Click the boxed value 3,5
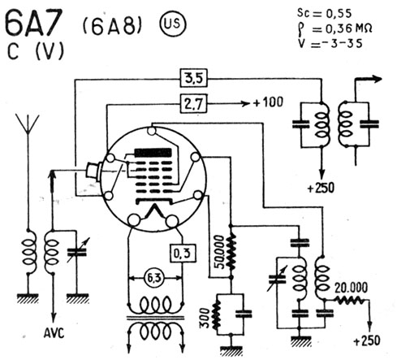pos(194,78)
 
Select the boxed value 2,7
pos(194,103)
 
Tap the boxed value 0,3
pos(183,254)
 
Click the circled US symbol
pos(172,24)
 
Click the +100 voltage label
pos(268,102)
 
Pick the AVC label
pos(54,332)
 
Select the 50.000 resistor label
pos(221,252)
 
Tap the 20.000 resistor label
pos(351,288)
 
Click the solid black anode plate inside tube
pos(153,153)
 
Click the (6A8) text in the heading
pos(112,26)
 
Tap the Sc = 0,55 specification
pos(324,13)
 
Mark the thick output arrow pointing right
pos(369,79)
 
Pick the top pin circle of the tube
pos(152,131)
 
